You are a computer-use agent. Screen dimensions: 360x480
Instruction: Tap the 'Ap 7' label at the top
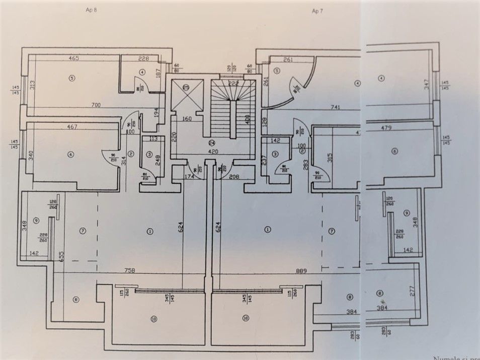click(x=317, y=11)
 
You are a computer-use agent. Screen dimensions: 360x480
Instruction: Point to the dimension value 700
click(x=96, y=105)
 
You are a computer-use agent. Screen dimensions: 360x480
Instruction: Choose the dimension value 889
click(x=300, y=271)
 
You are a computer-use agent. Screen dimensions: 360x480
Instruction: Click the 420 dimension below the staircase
click(x=213, y=151)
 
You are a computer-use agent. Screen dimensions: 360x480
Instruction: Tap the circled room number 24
click(x=213, y=142)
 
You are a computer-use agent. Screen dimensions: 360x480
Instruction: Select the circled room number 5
click(x=72, y=78)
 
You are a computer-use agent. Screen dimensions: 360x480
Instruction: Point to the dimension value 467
click(x=72, y=127)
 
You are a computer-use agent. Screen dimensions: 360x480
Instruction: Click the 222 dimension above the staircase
click(x=233, y=83)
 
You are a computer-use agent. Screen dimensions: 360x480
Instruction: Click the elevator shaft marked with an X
click(x=187, y=95)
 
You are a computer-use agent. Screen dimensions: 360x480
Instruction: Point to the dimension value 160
click(x=187, y=119)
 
